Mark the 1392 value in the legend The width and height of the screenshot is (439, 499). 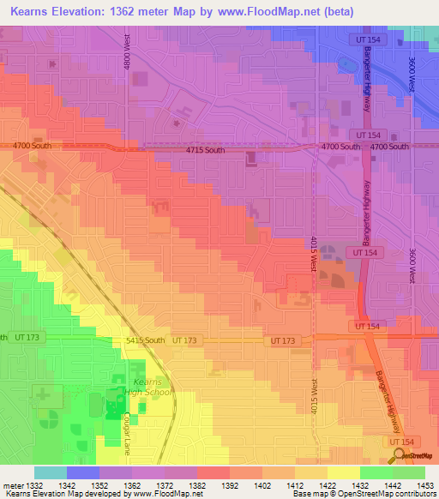click(x=229, y=485)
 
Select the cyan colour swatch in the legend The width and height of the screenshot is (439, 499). click(x=51, y=472)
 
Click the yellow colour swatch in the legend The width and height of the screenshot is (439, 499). click(x=344, y=472)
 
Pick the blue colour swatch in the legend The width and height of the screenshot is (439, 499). click(x=83, y=472)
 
